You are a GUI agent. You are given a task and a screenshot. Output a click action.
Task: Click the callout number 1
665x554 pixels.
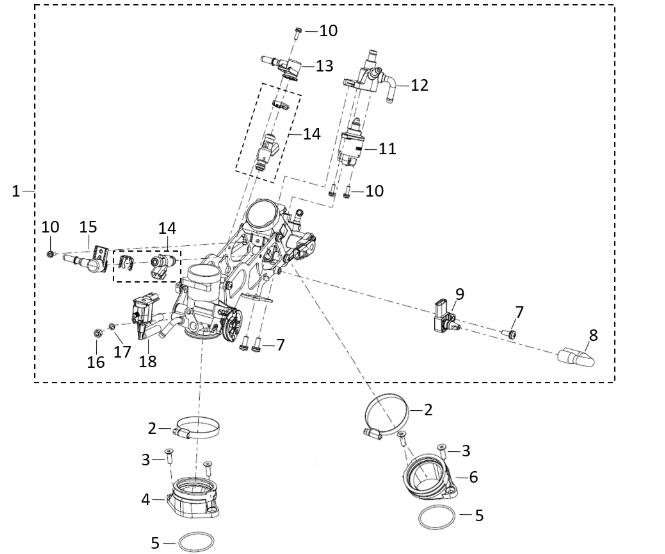(x=15, y=191)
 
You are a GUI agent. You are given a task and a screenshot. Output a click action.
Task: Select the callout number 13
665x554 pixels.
(x=324, y=65)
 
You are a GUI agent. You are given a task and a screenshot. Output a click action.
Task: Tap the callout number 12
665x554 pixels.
(x=419, y=85)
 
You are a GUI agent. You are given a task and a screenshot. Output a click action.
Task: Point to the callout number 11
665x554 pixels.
(x=386, y=148)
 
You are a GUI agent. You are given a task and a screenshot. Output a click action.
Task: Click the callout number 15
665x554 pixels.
(x=88, y=228)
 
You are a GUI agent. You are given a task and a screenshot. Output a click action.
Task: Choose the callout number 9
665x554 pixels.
(x=459, y=293)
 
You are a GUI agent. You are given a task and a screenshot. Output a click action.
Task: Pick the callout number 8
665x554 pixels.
(x=593, y=336)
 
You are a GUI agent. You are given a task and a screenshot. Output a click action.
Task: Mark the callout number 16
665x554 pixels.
(x=96, y=362)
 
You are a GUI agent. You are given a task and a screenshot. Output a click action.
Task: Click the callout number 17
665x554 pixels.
(x=122, y=351)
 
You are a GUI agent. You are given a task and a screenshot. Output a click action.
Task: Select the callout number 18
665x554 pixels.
(x=148, y=361)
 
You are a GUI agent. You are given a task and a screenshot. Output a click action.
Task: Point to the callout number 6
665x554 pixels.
(x=474, y=477)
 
